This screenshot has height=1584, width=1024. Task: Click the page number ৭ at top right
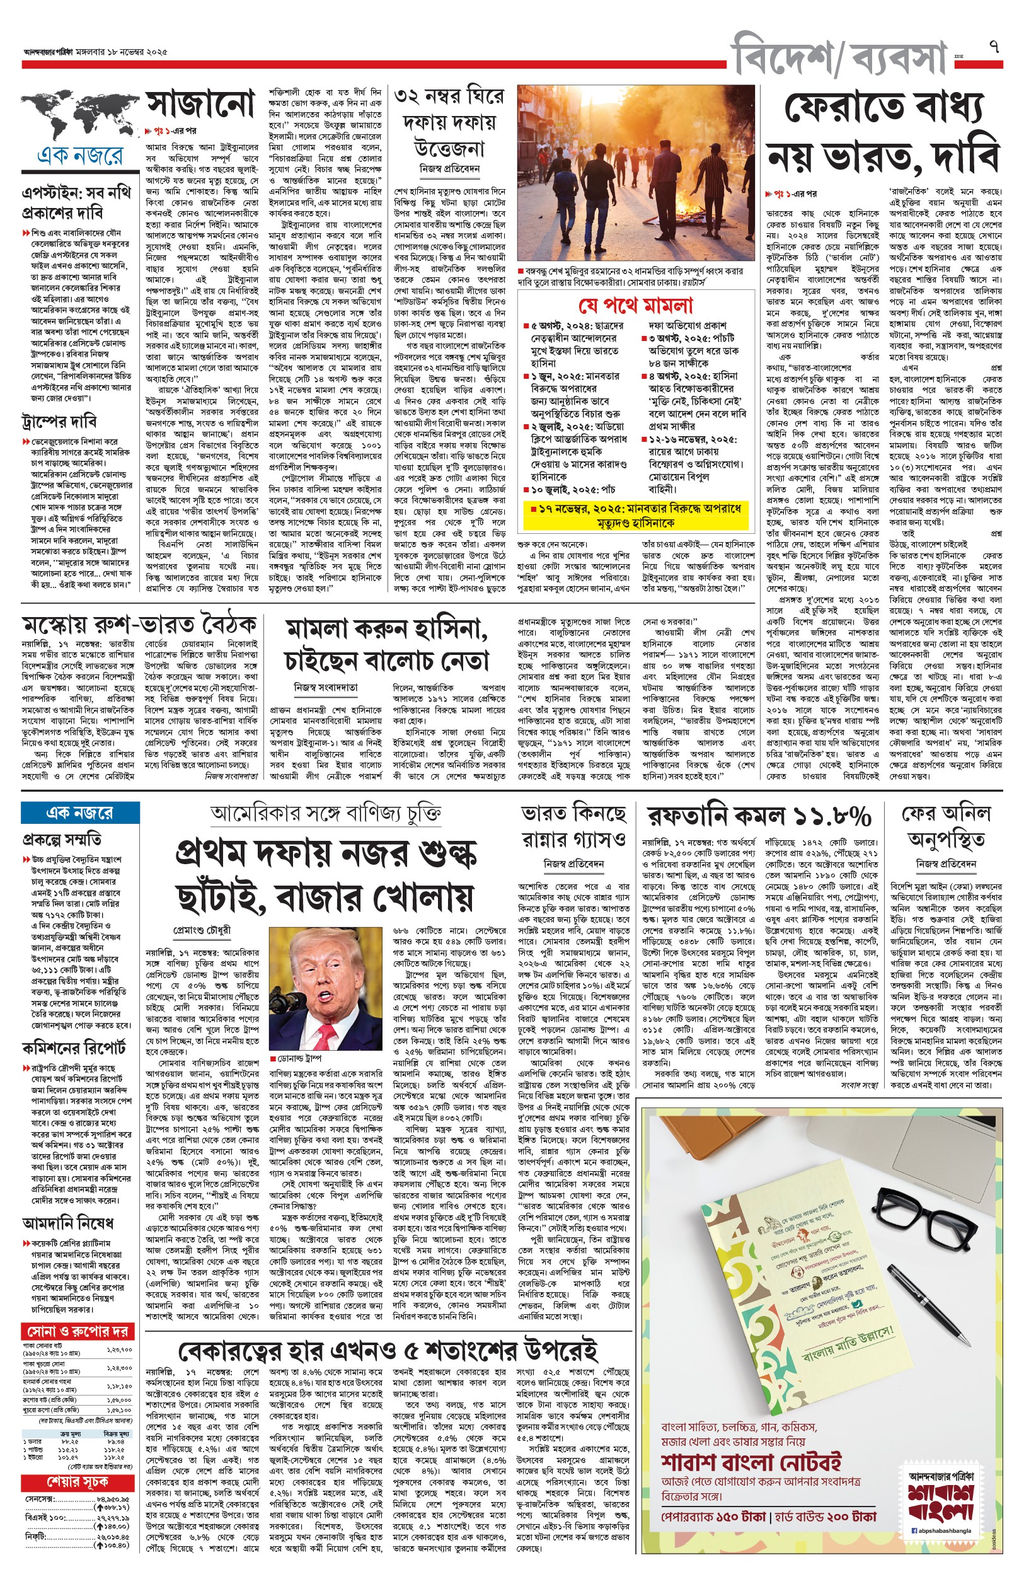click(994, 47)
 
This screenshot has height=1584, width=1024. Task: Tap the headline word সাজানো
click(201, 105)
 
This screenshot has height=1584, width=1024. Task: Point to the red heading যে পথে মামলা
click(636, 306)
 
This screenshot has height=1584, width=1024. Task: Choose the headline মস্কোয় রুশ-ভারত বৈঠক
click(139, 626)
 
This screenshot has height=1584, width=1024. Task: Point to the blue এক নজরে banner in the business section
click(80, 812)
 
